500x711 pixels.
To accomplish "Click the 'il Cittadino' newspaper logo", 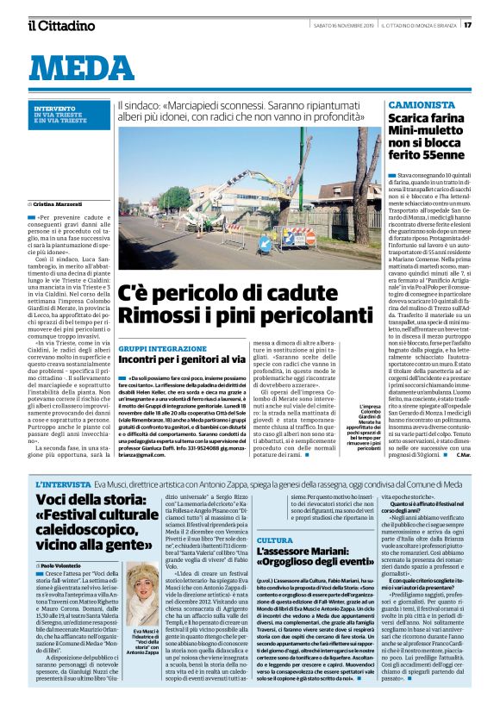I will [60, 26].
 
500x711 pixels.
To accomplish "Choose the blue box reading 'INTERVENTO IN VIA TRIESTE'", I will [69, 112].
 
